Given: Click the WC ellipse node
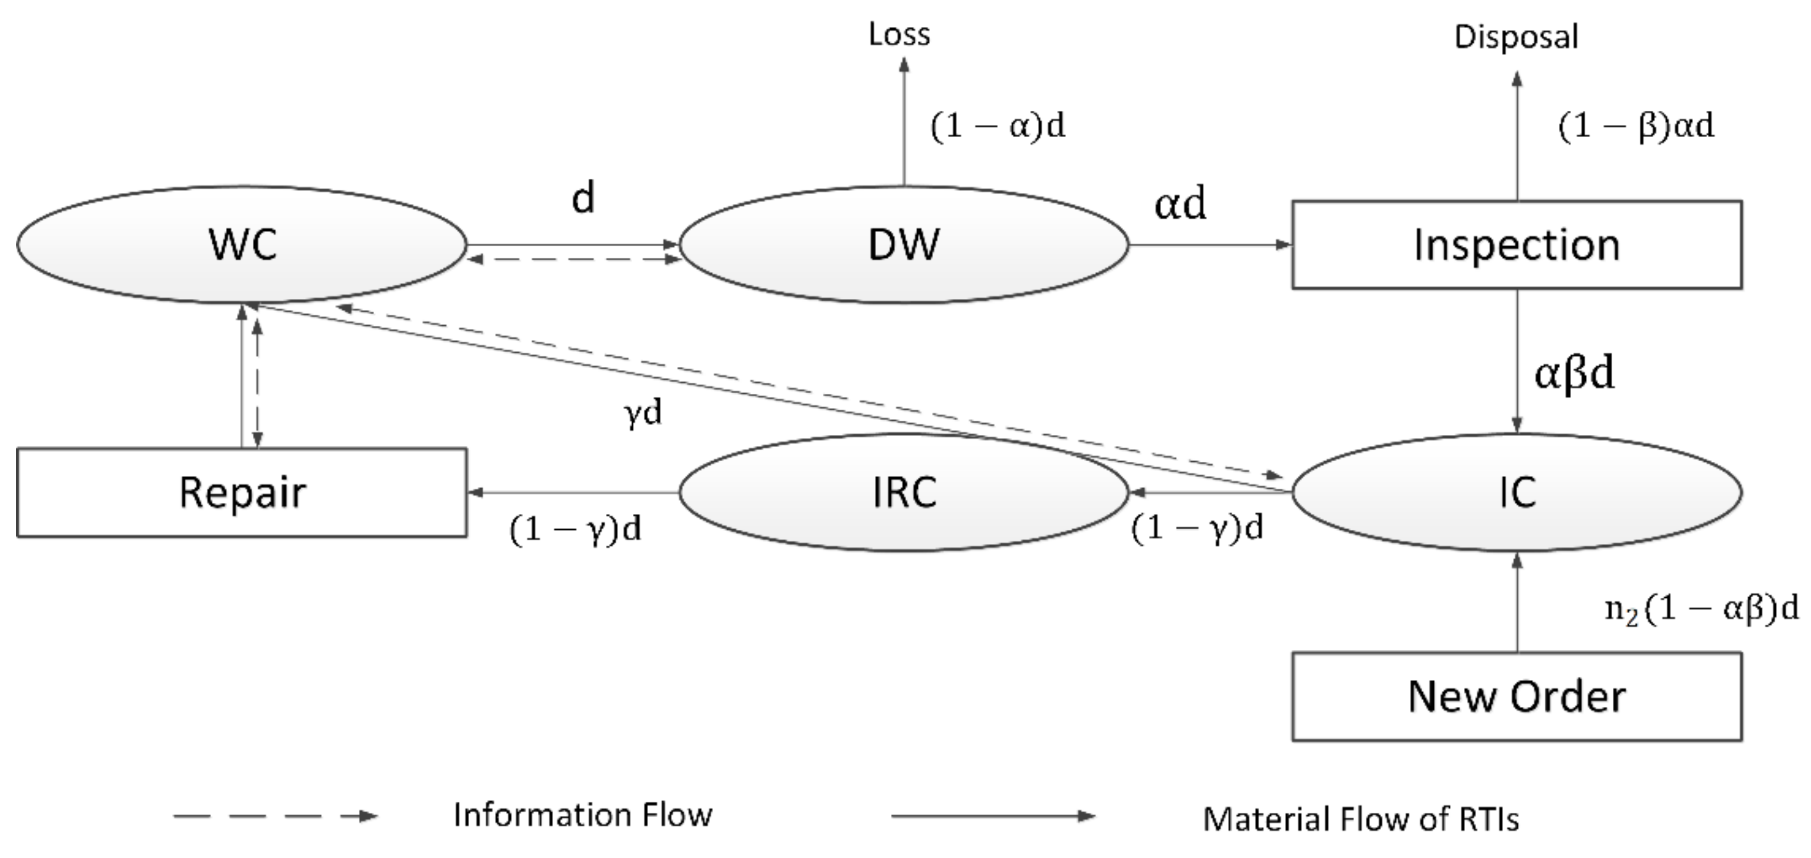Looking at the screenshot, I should pyautogui.click(x=241, y=244).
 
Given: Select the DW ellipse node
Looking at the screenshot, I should pyautogui.click(x=903, y=244).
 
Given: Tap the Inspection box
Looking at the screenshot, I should pyautogui.click(x=1517, y=244).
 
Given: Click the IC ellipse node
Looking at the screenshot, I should pyautogui.click(x=1517, y=492).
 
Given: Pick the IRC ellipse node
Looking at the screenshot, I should pyautogui.click(x=903, y=492).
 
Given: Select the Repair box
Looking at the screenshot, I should pyautogui.click(x=241, y=492).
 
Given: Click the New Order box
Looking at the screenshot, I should pyautogui.click(x=1517, y=696).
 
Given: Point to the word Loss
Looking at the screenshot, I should pyautogui.click(x=898, y=35).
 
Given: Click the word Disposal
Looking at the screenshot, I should pyautogui.click(x=1516, y=36).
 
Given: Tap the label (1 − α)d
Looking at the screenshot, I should pyautogui.click(x=997, y=126).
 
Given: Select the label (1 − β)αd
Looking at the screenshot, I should pyautogui.click(x=1636, y=127).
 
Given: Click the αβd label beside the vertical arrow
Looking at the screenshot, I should pyautogui.click(x=1573, y=373).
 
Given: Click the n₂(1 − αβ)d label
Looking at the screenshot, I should pyautogui.click(x=1701, y=608).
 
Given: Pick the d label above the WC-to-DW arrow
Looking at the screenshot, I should pyautogui.click(x=583, y=198).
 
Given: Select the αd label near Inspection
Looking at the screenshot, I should pyautogui.click(x=1180, y=204).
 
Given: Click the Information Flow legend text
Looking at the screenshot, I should pyautogui.click(x=582, y=815).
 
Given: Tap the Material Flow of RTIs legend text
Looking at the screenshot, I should pyautogui.click(x=1361, y=819).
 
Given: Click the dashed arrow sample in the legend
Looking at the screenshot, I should pyautogui.click(x=275, y=816).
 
